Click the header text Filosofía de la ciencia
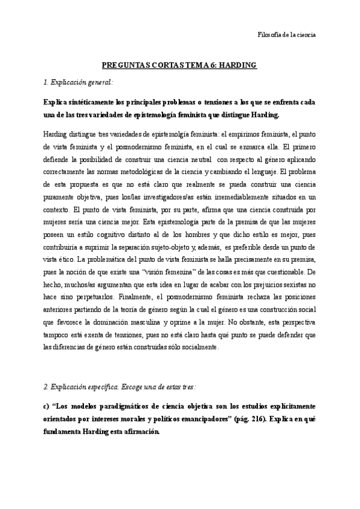click(x=282, y=34)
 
